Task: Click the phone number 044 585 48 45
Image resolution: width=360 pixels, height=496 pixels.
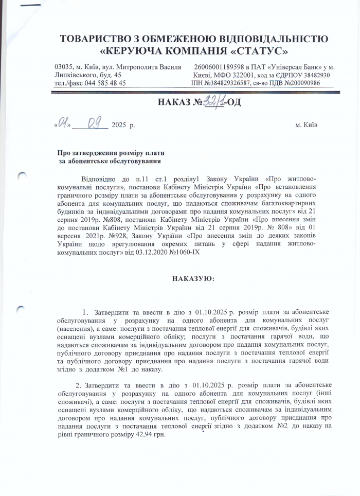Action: (105, 83)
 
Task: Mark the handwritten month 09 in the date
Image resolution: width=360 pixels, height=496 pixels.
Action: (95, 124)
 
